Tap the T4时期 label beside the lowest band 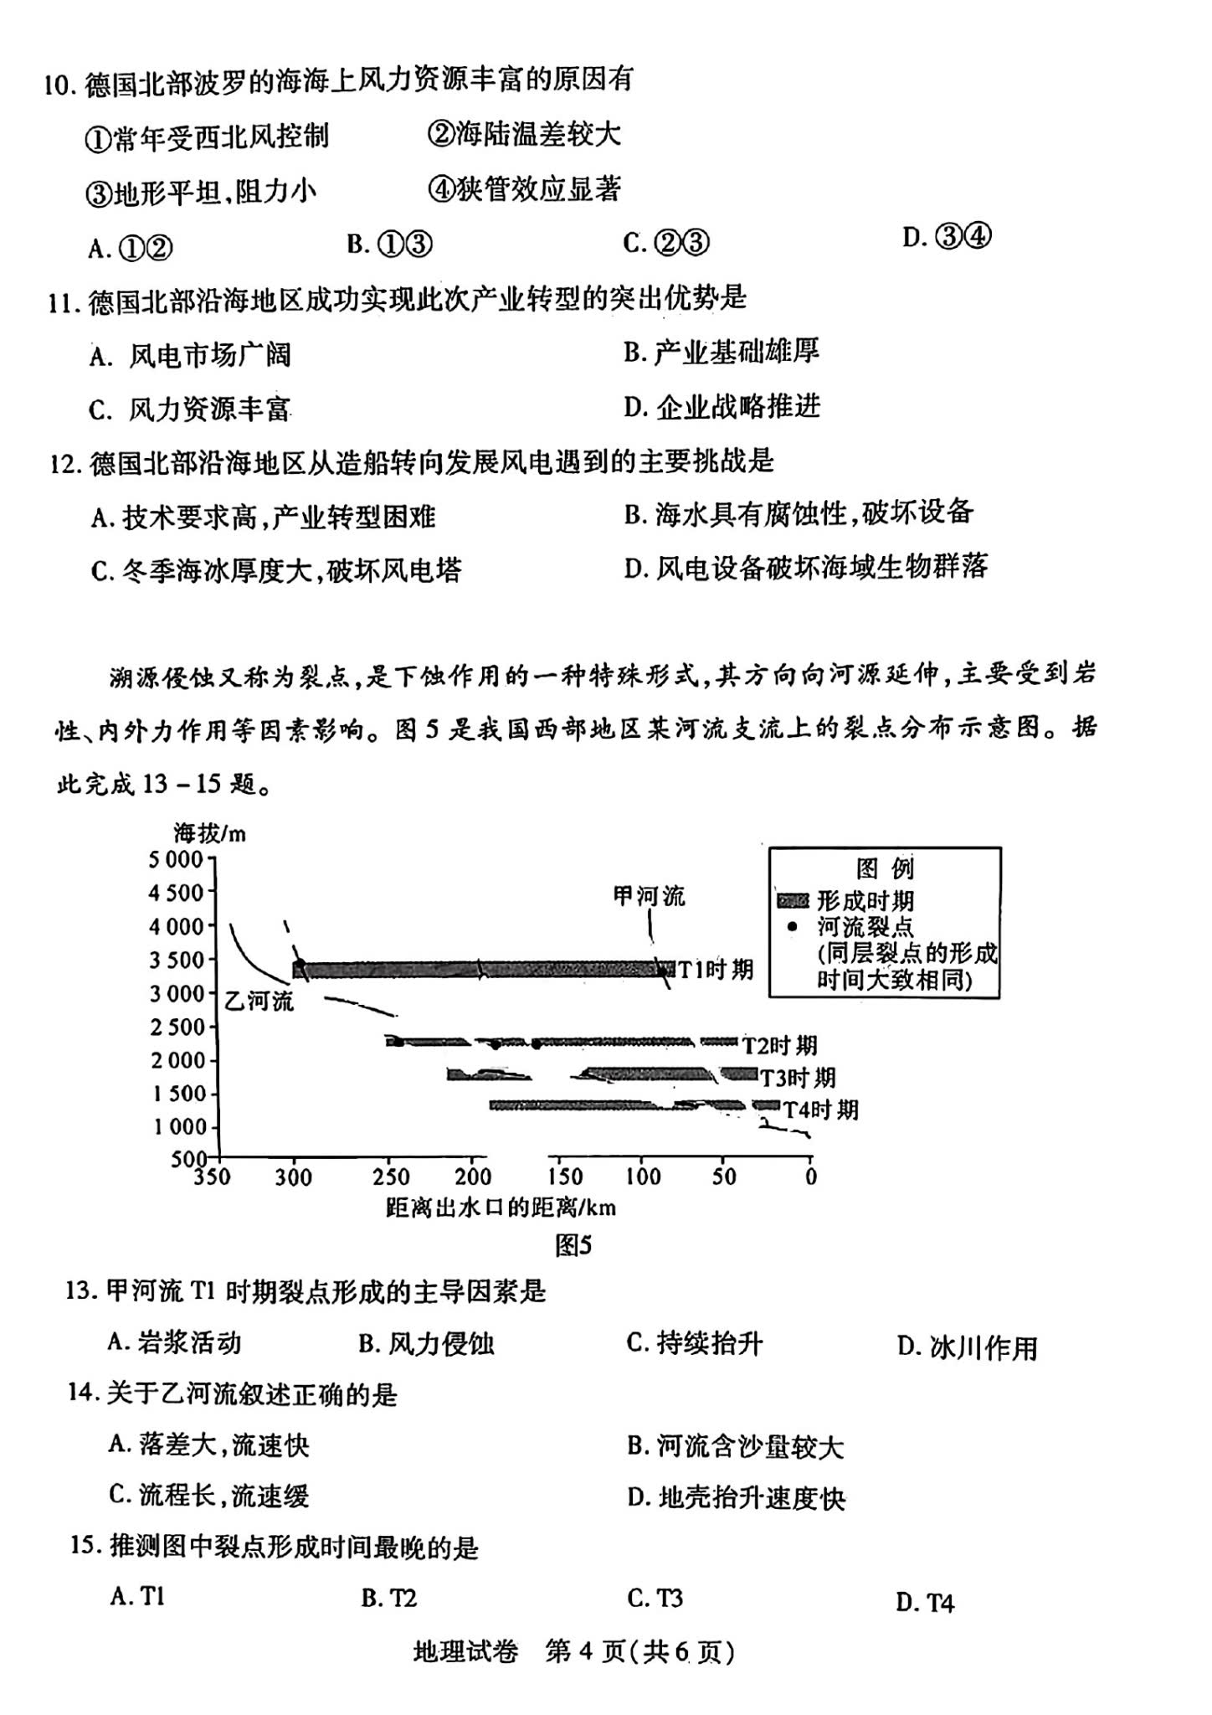(x=820, y=1110)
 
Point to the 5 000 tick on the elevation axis (x=177, y=859)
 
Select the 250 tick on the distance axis (x=391, y=1177)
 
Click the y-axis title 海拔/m (x=209, y=833)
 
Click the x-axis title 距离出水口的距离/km (x=501, y=1207)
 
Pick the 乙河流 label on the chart (x=259, y=1000)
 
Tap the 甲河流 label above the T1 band (x=649, y=897)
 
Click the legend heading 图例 (x=884, y=868)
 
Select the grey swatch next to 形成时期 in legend (x=793, y=901)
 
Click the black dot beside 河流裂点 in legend (x=792, y=927)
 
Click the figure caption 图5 (x=573, y=1245)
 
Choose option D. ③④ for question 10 (x=947, y=238)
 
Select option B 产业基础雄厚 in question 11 (x=721, y=352)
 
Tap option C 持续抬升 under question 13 (x=694, y=1343)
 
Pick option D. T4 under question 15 (x=924, y=1603)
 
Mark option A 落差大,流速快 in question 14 (x=208, y=1445)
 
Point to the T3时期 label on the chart (x=797, y=1077)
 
